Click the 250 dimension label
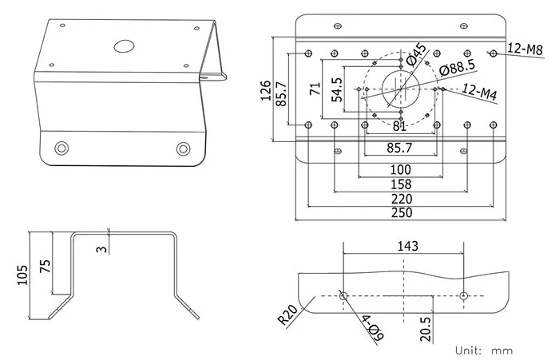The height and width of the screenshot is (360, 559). click(401, 213)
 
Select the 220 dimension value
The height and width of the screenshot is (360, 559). click(401, 199)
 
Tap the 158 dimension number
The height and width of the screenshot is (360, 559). click(401, 184)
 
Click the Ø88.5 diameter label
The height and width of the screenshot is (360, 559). click(458, 68)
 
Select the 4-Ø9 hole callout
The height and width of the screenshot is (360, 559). click(370, 327)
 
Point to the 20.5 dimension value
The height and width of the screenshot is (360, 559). click(426, 329)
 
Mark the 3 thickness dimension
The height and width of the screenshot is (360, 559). click(100, 248)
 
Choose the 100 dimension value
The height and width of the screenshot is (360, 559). click(401, 170)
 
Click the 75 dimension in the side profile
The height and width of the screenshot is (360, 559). click(45, 266)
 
